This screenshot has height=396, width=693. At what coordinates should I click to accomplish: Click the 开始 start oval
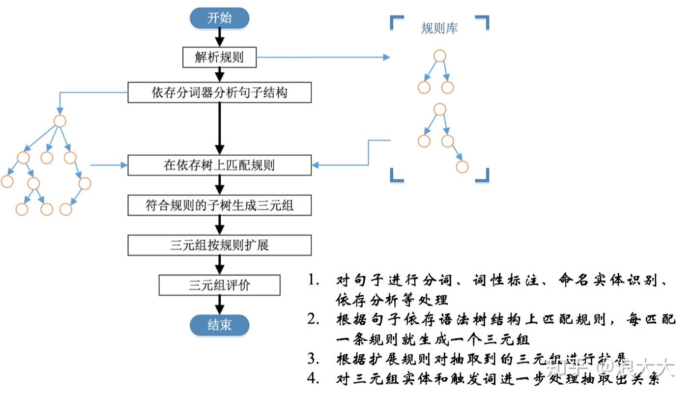pos(219,19)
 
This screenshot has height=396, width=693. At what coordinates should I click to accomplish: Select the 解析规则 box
pos(219,57)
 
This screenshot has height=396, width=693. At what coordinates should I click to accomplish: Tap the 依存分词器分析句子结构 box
pos(219,92)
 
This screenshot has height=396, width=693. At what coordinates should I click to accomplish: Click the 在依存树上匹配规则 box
pos(219,165)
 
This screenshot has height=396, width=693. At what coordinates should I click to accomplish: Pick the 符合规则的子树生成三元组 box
pos(219,205)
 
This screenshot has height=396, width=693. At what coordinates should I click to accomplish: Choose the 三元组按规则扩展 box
pos(219,245)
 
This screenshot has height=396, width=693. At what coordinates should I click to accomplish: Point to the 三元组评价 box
pos(219,285)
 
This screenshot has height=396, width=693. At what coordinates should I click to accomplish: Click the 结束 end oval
pos(219,325)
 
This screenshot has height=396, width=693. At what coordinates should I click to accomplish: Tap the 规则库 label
pos(439,28)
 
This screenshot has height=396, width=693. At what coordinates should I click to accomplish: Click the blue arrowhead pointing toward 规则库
pos(386,57)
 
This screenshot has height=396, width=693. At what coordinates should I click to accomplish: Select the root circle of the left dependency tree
pos(60,121)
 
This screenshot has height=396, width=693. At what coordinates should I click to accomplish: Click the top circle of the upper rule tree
pos(440,56)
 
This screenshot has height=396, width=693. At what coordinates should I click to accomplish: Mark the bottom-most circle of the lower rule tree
pos(462,167)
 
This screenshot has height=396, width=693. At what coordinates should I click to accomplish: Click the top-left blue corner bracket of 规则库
pos(396,22)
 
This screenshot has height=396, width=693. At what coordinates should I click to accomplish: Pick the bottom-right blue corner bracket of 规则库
pos(483,176)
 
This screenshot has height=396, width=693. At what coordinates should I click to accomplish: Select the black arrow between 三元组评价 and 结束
pos(219,305)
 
